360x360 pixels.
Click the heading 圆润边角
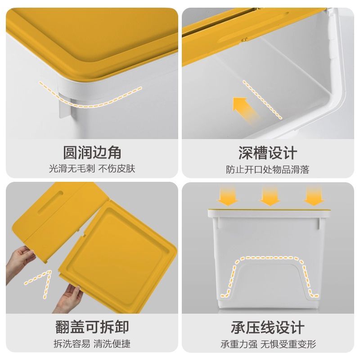coord(92,153)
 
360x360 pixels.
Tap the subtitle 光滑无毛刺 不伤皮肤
coord(92,169)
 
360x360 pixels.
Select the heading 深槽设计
coord(268,153)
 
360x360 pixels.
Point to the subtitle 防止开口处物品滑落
coord(268,170)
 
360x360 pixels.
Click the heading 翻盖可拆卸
coord(92,327)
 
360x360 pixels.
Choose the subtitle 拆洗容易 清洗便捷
coord(92,344)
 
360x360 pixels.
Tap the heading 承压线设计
coord(268,328)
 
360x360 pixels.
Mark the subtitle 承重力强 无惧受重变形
coord(268,344)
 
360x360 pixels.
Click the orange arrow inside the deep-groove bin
coord(244,110)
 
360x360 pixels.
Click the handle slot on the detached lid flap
coord(50,202)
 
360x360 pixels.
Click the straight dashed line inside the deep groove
coord(262,99)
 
